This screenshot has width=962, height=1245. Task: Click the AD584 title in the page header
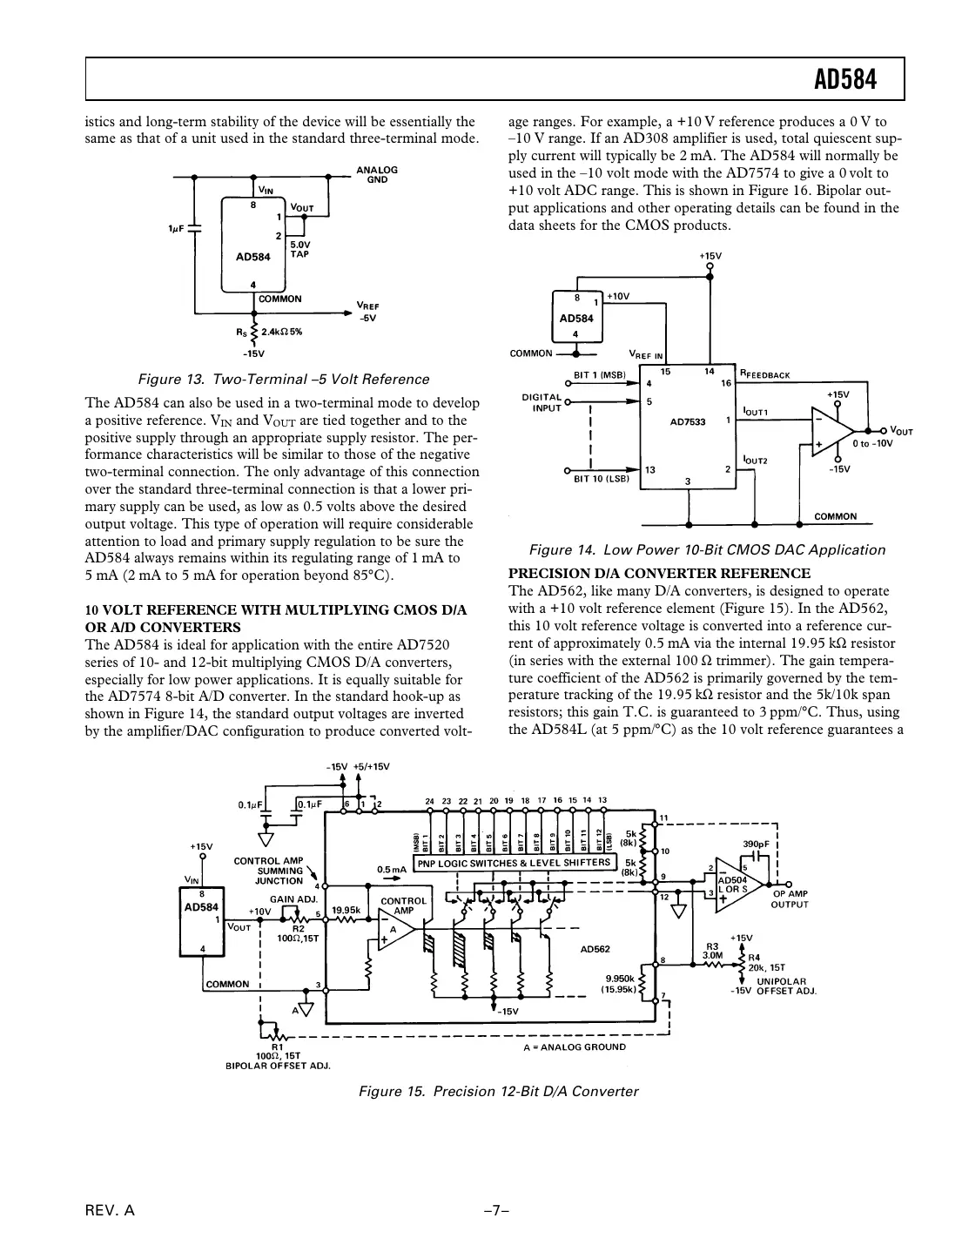[844, 81]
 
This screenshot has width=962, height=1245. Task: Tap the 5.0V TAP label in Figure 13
[299, 250]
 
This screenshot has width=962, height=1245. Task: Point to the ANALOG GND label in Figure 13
[377, 174]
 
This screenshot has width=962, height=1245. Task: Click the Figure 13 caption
[284, 380]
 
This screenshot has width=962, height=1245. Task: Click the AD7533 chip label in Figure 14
[688, 422]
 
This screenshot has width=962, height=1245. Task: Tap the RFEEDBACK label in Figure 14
[765, 374]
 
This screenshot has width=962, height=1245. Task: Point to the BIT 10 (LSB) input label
[601, 479]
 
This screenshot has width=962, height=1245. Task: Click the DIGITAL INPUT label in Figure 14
[542, 402]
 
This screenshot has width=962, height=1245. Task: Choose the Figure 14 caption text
[707, 550]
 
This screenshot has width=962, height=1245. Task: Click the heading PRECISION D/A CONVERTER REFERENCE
[659, 574]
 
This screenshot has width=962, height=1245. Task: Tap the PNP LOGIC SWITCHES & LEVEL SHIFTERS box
[514, 863]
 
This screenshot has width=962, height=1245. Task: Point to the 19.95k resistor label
[346, 911]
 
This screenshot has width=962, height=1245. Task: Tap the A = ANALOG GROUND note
[575, 1046]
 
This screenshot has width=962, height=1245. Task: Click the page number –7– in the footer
[496, 1211]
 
